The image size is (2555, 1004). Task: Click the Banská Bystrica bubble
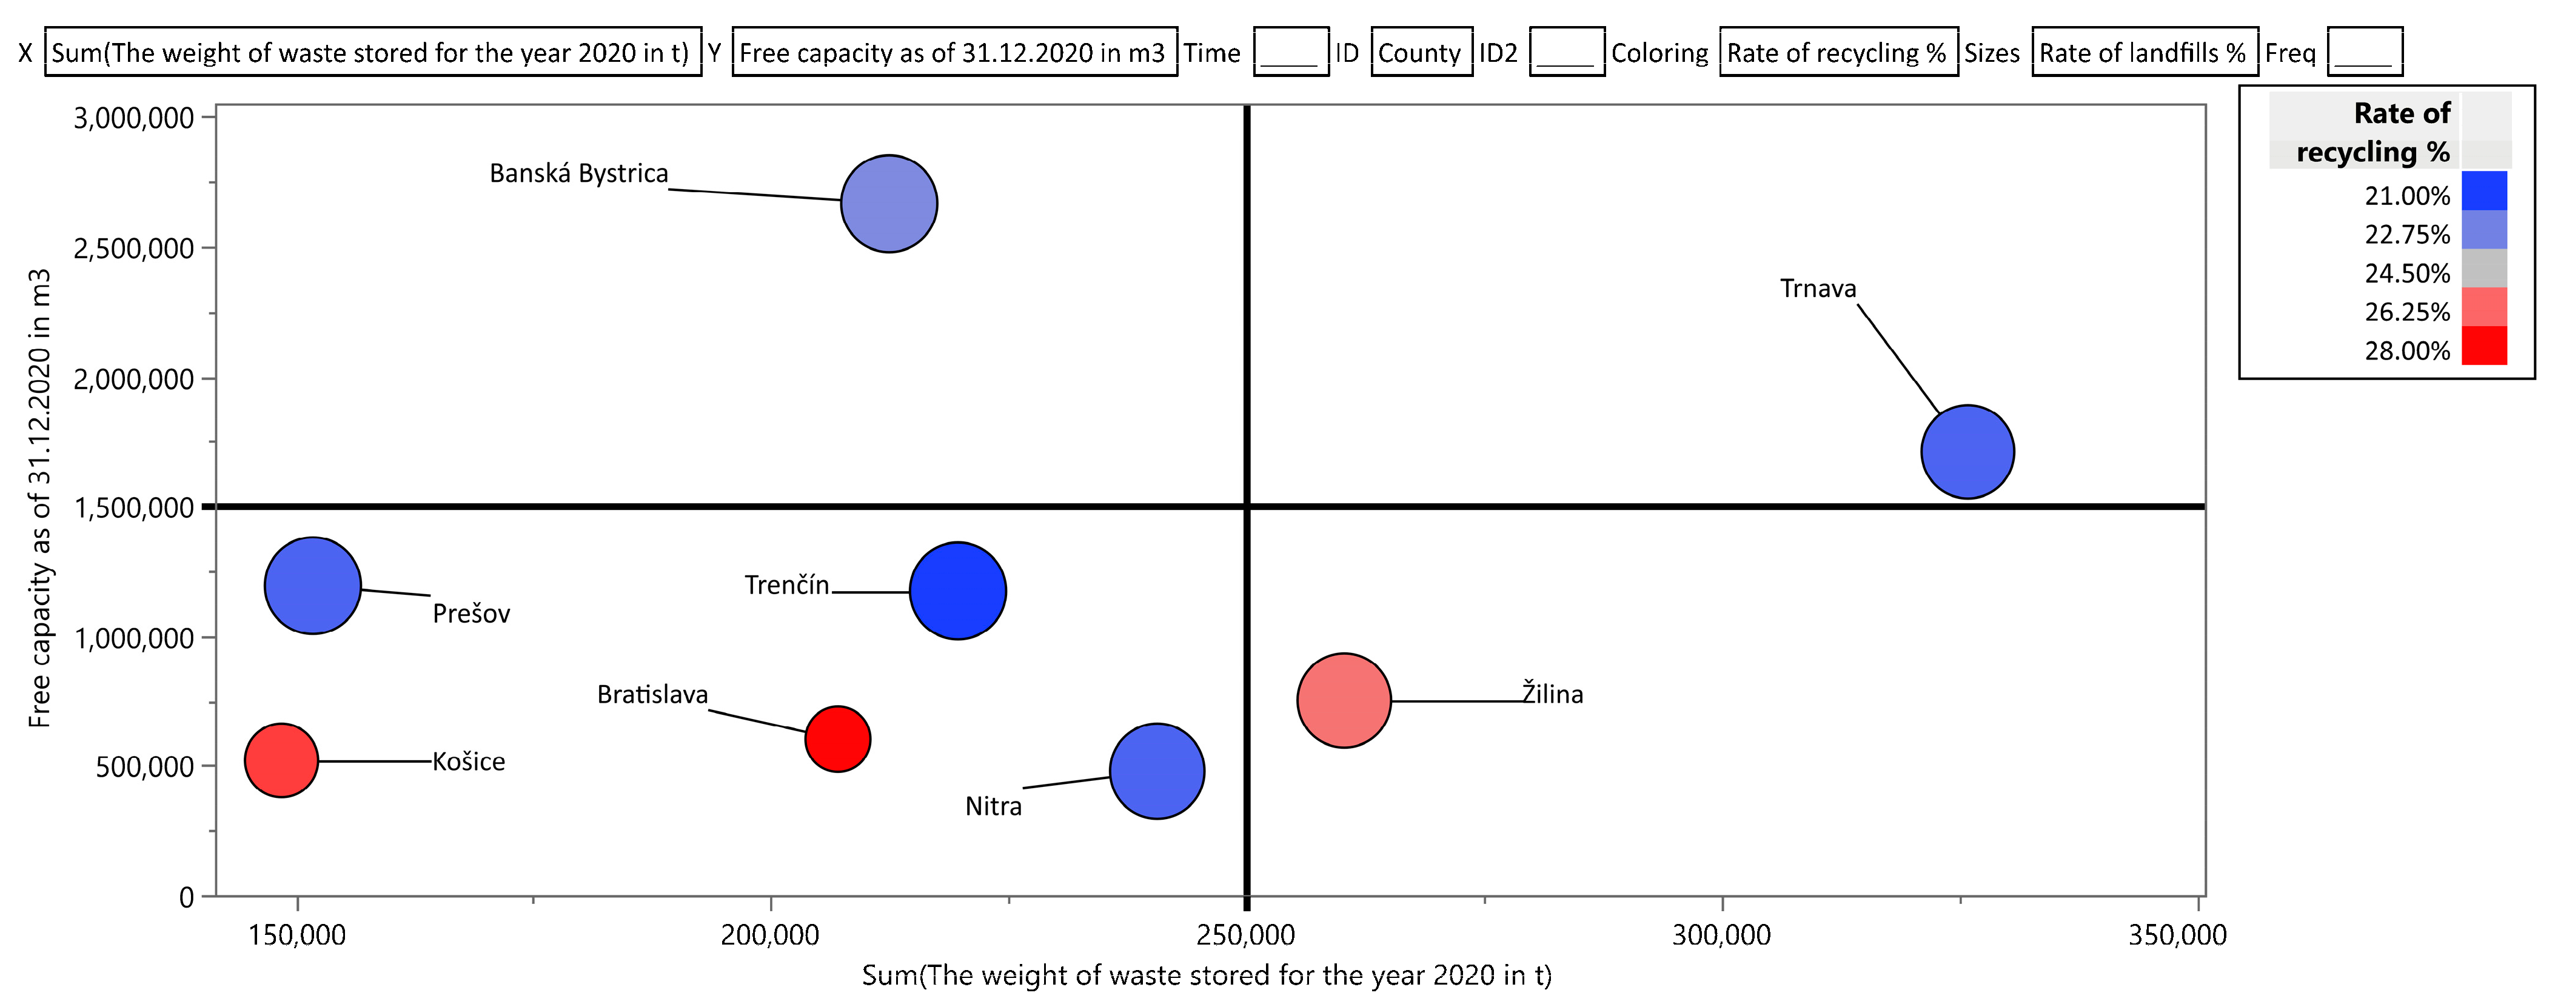889,203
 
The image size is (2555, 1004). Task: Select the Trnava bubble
1967,452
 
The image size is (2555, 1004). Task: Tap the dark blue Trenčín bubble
957,591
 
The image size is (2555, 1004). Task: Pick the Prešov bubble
312,585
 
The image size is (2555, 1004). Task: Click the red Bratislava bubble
837,738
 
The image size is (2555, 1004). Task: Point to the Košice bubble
282,760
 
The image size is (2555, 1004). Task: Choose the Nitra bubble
1156,771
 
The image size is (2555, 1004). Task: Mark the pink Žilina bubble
1344,700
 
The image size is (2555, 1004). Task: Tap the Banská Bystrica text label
578,173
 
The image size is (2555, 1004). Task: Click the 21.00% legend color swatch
2483,190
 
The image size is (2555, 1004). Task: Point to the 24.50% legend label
2406,273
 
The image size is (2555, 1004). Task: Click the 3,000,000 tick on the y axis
134,118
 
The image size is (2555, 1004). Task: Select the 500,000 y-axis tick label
145,767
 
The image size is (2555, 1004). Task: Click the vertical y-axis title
39,498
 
